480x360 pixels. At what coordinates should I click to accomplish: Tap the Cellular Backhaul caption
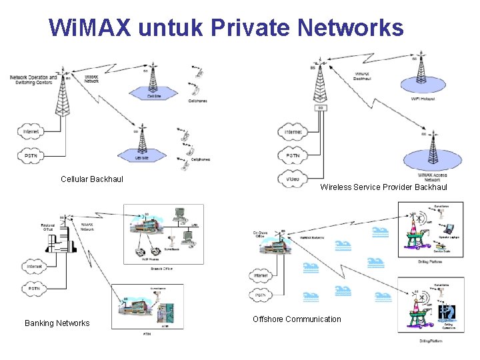pyautogui.click(x=92, y=179)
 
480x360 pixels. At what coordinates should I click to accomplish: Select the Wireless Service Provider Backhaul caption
pyautogui.click(x=383, y=187)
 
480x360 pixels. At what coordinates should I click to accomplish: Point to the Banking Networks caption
pyautogui.click(x=57, y=323)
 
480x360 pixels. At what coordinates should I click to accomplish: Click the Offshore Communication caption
pyautogui.click(x=297, y=319)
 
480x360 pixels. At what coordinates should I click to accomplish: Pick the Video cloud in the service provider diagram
pyautogui.click(x=293, y=179)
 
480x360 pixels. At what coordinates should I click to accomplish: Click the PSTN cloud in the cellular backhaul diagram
pyautogui.click(x=31, y=155)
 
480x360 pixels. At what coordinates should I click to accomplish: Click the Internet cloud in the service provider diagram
pyautogui.click(x=293, y=132)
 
